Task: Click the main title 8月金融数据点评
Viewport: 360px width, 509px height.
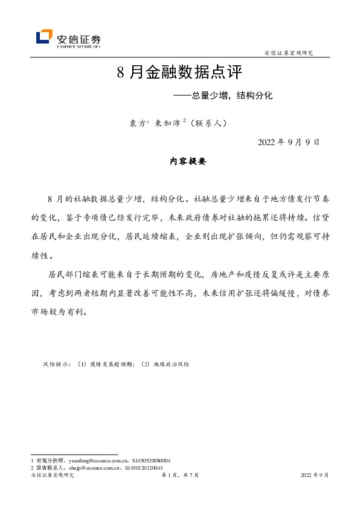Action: click(x=179, y=73)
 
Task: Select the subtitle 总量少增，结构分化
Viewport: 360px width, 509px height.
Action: click(x=233, y=96)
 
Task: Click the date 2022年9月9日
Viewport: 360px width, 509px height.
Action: click(x=288, y=143)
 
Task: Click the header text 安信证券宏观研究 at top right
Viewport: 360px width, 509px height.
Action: click(x=289, y=53)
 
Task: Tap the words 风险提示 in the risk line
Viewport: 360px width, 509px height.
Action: click(x=55, y=365)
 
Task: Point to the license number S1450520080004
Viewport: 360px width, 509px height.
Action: click(x=152, y=460)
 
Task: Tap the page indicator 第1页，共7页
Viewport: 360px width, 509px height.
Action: click(x=179, y=476)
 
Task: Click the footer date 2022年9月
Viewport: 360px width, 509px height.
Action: click(x=315, y=476)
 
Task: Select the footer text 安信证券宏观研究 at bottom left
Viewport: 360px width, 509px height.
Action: click(x=52, y=476)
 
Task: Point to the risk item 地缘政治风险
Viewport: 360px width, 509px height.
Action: click(x=170, y=365)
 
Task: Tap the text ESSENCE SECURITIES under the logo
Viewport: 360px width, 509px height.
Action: click(x=79, y=45)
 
